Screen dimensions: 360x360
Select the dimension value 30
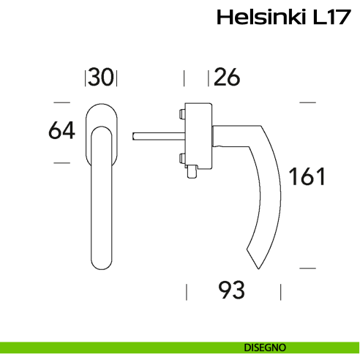[102, 77]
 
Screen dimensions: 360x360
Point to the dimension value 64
[62, 132]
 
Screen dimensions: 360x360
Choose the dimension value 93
[232, 290]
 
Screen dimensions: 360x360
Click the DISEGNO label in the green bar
[265, 347]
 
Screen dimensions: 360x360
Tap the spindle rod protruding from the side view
[157, 135]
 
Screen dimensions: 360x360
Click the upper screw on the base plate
[180, 113]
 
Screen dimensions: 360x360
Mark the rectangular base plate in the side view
[198, 135]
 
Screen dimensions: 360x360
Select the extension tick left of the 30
[87, 77]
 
